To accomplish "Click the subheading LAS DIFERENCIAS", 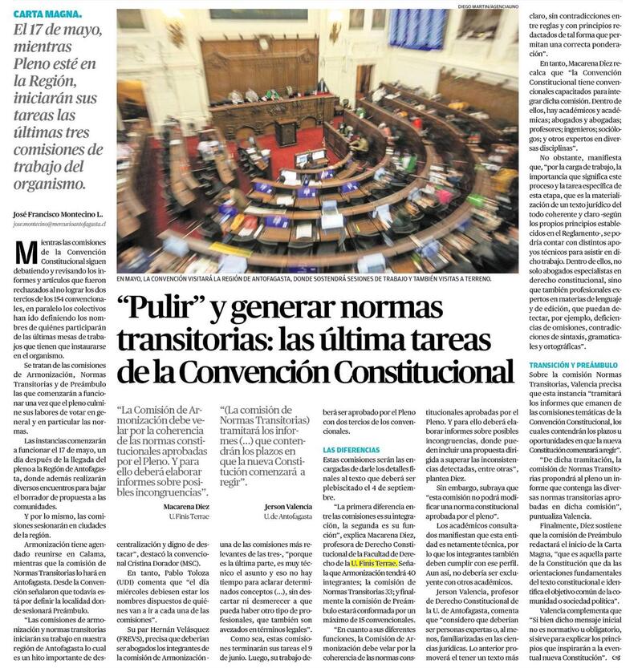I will [351, 451].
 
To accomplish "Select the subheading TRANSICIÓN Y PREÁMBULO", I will [573, 365].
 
